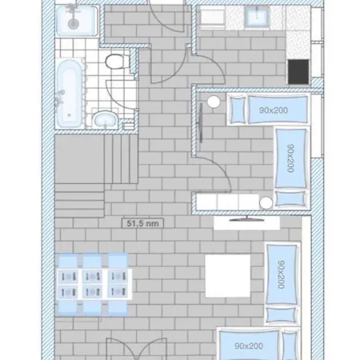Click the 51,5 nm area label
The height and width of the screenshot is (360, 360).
(142, 223)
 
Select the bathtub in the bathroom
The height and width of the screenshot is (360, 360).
(69, 93)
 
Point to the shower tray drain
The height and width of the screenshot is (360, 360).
(73, 24)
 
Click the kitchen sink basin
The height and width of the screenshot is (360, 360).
(257, 16)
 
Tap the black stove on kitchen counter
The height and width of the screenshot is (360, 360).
(298, 72)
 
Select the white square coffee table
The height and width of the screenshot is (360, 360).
(228, 276)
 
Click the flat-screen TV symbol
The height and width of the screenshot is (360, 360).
(247, 219)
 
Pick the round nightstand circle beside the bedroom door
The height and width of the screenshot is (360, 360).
(214, 102)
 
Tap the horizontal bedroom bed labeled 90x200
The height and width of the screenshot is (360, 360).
(269, 110)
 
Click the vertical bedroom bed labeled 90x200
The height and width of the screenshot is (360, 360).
(291, 167)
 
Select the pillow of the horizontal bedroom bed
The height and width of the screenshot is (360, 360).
(238, 110)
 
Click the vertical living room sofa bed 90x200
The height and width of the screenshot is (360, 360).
(282, 283)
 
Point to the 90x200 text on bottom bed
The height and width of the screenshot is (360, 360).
(249, 346)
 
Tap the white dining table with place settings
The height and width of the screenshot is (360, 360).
(95, 284)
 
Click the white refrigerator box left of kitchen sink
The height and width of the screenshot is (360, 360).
(212, 17)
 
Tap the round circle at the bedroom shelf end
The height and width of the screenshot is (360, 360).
(266, 202)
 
